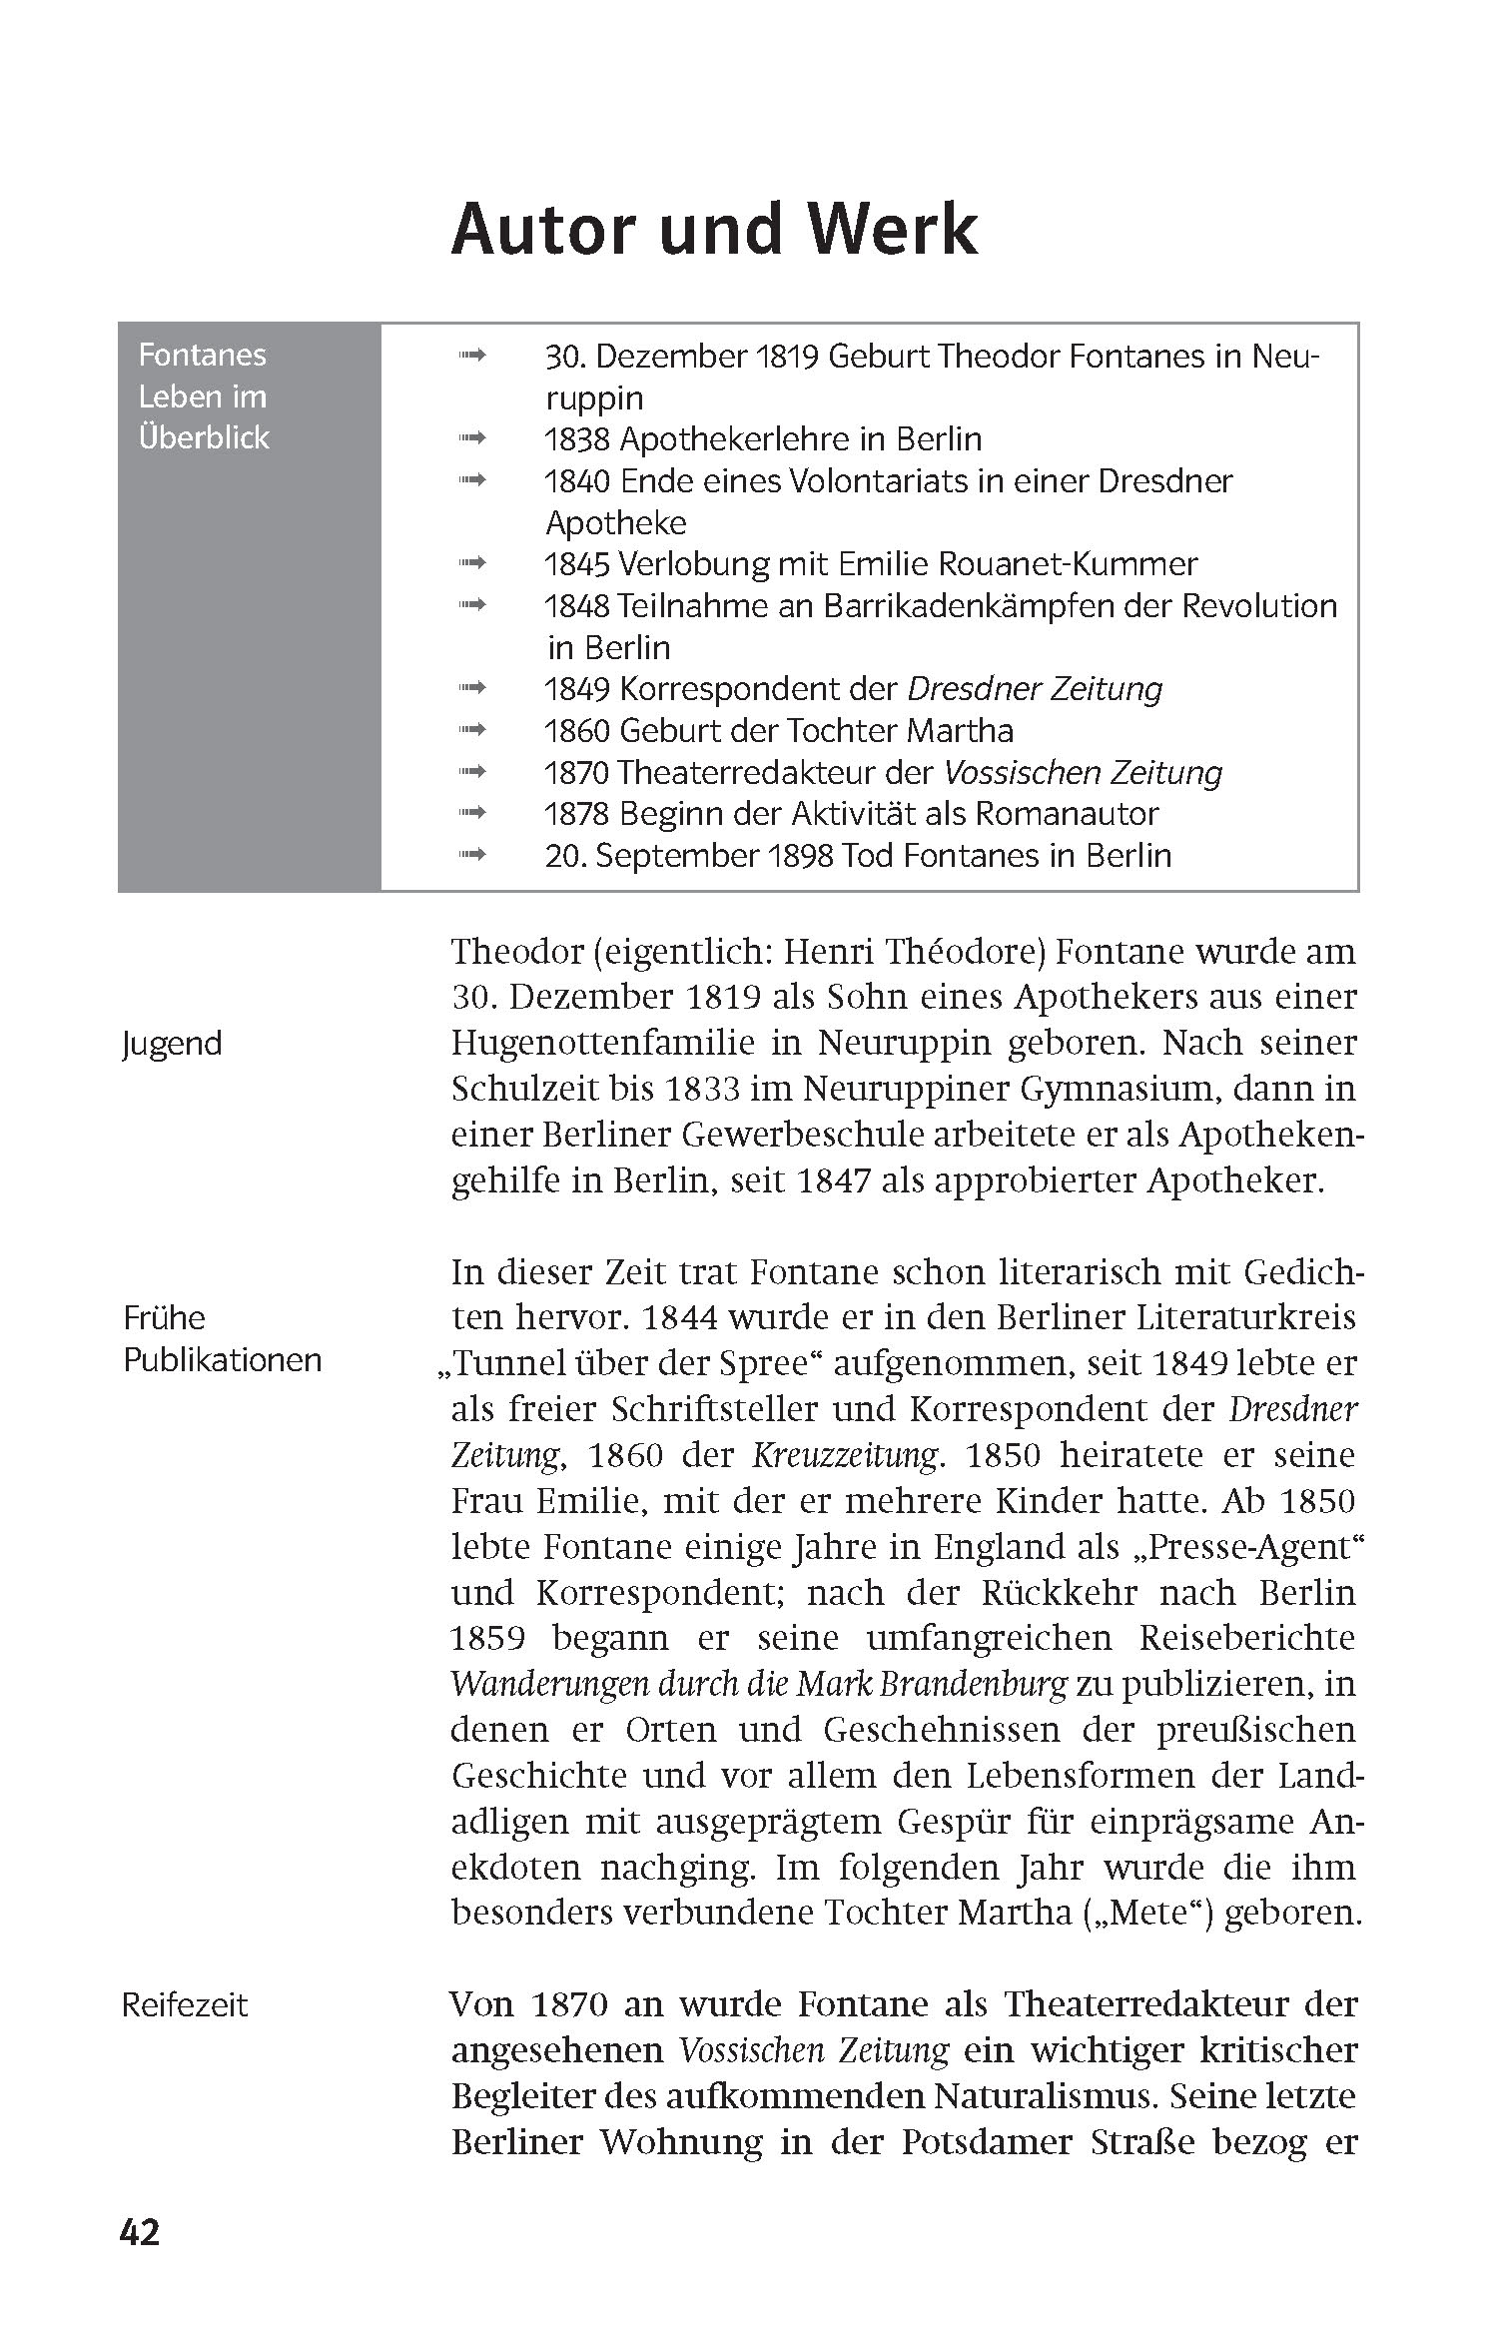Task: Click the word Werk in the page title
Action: pyautogui.click(x=893, y=230)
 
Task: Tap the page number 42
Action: pyautogui.click(x=140, y=2260)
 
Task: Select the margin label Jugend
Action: pyautogui.click(x=172, y=1044)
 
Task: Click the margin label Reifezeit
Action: pyautogui.click(x=185, y=2005)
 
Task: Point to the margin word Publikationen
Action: pyautogui.click(x=223, y=1360)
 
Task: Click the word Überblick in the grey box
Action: pyautogui.click(x=204, y=438)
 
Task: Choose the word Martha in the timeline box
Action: pyautogui.click(x=960, y=731)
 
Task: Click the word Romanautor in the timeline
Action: pyautogui.click(x=1067, y=814)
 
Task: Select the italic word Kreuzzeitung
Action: pyautogui.click(x=845, y=1455)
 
